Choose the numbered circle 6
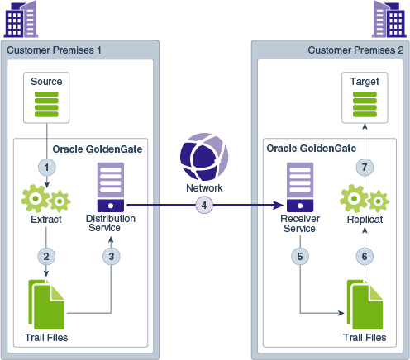tap(364, 255)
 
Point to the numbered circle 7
tap(364, 168)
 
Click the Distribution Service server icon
tap(110, 187)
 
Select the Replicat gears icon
tap(364, 200)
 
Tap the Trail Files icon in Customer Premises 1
tap(46, 303)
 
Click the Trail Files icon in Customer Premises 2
tap(364, 304)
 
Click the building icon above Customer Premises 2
tap(388, 20)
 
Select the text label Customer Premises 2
tap(355, 50)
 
